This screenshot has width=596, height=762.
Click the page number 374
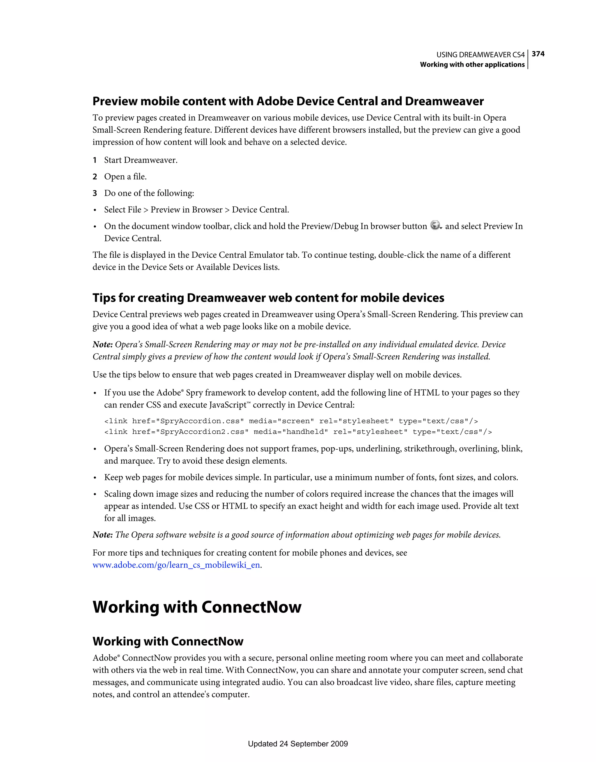(x=538, y=54)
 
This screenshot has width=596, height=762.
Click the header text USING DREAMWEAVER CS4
(x=480, y=55)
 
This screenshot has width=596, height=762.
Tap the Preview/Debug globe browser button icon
(x=435, y=225)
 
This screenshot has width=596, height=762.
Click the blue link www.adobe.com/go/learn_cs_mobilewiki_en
(x=176, y=565)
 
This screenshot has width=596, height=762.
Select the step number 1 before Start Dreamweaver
(x=95, y=160)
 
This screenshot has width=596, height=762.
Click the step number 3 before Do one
(x=95, y=193)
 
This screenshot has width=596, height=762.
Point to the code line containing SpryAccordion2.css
(x=297, y=432)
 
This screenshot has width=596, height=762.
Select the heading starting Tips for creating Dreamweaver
(x=268, y=298)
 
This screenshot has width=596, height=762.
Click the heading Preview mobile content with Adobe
(x=288, y=102)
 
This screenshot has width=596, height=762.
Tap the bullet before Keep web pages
(x=95, y=478)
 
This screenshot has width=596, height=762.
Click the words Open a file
(x=125, y=177)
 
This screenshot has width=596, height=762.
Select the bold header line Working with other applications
(x=472, y=65)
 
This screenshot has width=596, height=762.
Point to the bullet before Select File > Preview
(x=95, y=210)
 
